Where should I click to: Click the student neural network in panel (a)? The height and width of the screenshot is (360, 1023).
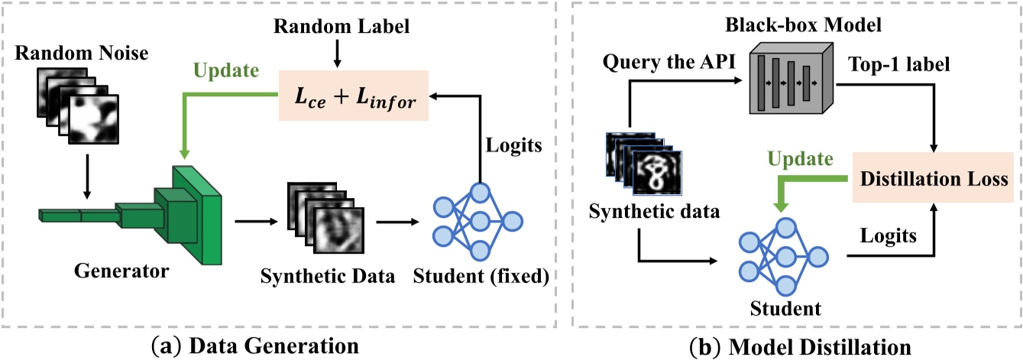(x=478, y=221)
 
